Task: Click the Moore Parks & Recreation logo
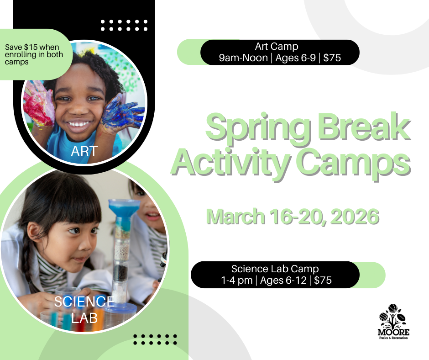coord(393,322)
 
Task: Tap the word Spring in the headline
coord(258,127)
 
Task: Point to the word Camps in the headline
coord(354,163)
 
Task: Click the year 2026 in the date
coord(355,217)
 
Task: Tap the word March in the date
coord(235,217)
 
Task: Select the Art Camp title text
coord(277,46)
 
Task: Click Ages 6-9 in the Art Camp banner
coord(295,58)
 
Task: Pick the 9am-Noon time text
coord(243,58)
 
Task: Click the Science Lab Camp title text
coord(275,269)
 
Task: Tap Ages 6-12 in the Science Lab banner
coord(283,280)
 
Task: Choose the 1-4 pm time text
coord(237,280)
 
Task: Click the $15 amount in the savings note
coord(31,47)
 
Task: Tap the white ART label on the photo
coord(84,151)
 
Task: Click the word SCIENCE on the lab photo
coord(84,302)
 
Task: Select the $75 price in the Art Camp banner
coord(332,58)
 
